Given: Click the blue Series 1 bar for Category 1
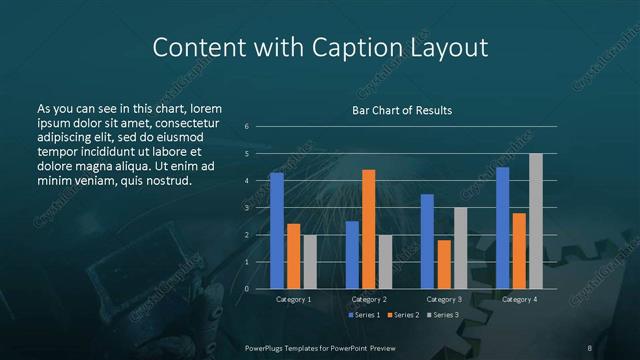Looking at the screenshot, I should [x=277, y=231].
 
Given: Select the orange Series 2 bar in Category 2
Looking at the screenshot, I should [x=369, y=229].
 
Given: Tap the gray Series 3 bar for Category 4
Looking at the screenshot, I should [x=536, y=221].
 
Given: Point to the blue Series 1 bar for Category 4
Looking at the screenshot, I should [x=502, y=228].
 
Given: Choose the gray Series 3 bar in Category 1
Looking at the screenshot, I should [x=310, y=262].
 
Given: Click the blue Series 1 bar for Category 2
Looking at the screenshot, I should [x=352, y=255].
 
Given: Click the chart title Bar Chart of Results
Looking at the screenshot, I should [x=402, y=110].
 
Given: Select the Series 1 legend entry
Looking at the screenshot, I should [x=364, y=315].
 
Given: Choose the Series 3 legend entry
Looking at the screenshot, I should [x=442, y=315].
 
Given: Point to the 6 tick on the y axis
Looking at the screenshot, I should [x=246, y=127].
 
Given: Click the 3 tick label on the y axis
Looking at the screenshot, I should [x=246, y=208].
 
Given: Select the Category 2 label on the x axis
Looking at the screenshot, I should [x=369, y=299].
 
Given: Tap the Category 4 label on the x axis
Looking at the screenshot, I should [x=519, y=299].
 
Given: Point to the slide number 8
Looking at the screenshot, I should [x=590, y=346].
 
